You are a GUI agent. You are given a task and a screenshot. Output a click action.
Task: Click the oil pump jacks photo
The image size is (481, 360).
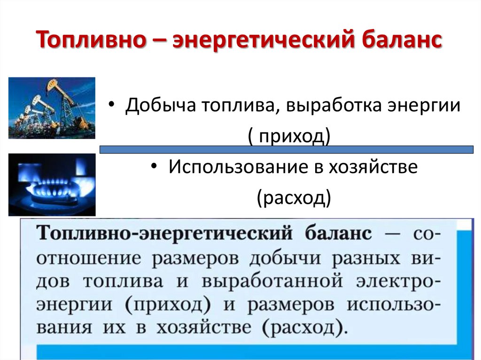(x=52, y=108)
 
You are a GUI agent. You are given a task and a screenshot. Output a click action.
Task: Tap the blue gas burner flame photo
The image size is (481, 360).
(x=52, y=184)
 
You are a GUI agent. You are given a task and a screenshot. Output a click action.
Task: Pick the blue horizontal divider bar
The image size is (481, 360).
(x=287, y=150)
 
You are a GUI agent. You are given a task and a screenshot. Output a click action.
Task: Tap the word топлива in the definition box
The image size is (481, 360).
(x=123, y=281)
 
